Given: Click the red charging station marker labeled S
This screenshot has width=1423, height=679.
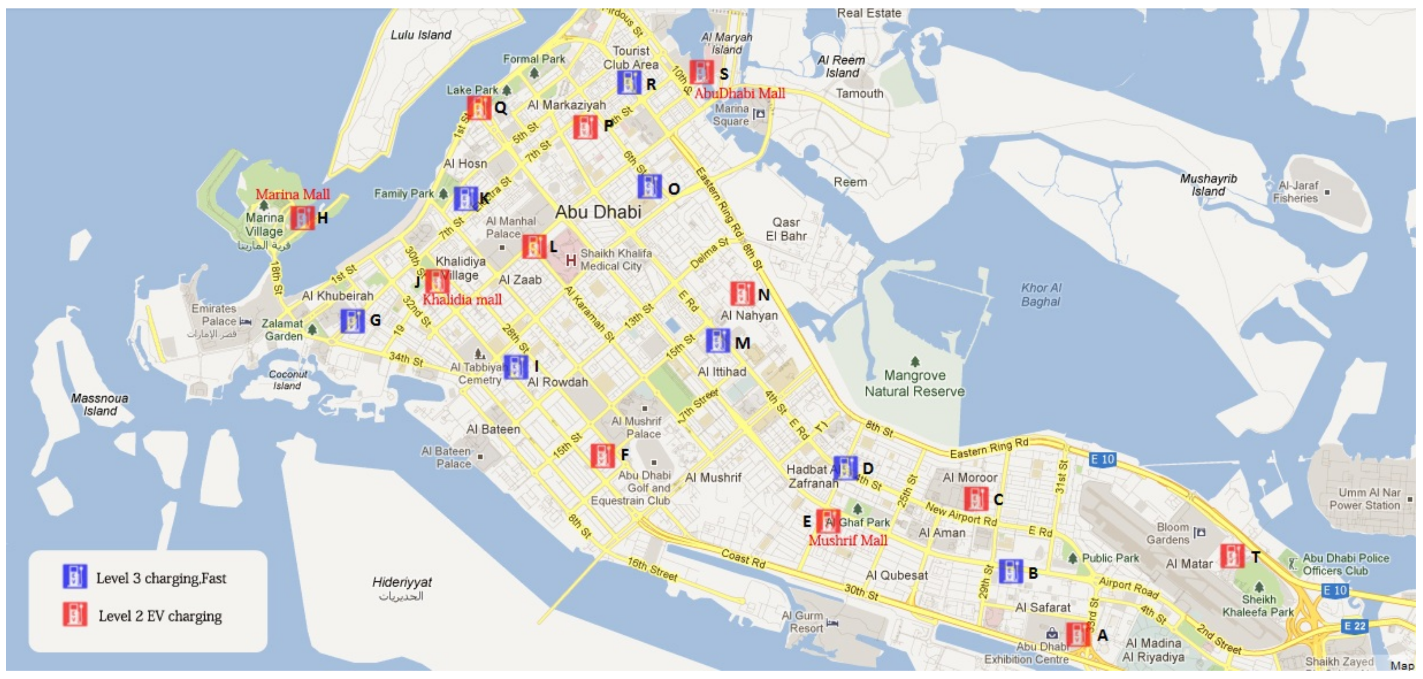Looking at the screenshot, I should [701, 72].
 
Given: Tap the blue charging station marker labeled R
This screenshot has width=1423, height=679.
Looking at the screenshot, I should [629, 83].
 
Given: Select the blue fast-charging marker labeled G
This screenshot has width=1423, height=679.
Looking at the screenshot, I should [353, 321].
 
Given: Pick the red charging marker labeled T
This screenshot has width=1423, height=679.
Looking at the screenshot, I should [1231, 556].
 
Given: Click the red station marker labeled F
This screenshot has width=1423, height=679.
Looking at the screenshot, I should [602, 456].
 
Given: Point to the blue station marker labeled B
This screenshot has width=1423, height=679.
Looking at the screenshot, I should [1010, 571].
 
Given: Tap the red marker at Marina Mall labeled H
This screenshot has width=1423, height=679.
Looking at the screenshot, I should [302, 218].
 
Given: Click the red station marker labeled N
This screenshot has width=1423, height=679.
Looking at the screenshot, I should [741, 294].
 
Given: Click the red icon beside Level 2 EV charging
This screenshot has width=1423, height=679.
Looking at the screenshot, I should [75, 615].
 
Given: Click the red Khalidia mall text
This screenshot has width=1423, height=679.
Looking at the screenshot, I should [462, 300].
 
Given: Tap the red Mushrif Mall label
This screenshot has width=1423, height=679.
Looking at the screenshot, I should [848, 540].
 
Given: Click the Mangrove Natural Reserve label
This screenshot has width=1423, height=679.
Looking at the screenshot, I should [914, 383].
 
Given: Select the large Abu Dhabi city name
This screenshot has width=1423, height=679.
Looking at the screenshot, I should [598, 212].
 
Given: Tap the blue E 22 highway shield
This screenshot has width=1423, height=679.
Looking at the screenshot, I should [1355, 626].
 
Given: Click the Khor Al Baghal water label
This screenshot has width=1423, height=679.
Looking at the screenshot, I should [1041, 295].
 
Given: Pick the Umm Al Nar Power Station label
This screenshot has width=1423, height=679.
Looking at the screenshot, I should [1364, 498].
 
